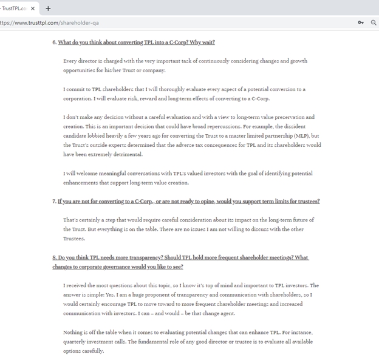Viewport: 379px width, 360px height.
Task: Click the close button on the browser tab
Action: tap(33, 8)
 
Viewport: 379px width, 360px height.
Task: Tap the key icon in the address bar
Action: tap(361, 22)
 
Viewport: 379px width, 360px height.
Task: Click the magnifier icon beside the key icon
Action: tap(374, 22)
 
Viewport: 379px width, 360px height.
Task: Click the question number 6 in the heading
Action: tap(54, 42)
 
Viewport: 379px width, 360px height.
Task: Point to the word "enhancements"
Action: tap(81, 183)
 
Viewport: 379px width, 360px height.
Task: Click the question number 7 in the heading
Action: tap(54, 201)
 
